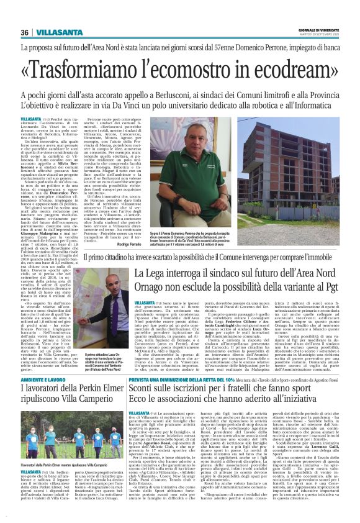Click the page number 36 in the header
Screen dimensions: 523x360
(25, 33)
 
